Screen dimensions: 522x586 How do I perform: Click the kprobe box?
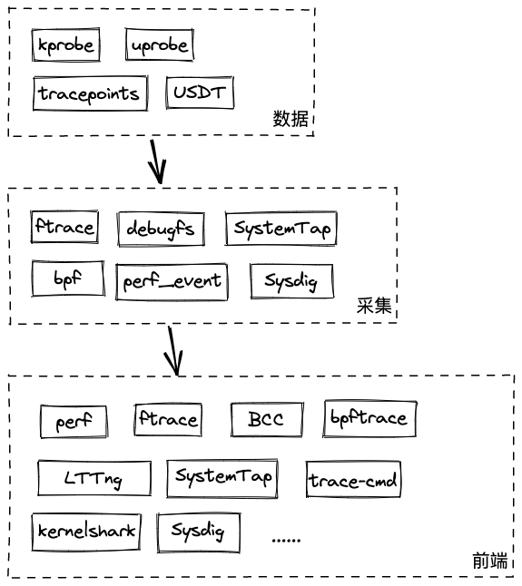pos(65,44)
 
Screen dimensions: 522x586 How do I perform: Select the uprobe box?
pos(160,44)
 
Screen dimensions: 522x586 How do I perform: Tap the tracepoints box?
pos(90,93)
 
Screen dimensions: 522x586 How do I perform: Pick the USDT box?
pos(200,93)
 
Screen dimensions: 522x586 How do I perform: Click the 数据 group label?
pos(291,119)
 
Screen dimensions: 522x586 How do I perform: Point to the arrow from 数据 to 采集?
pos(157,161)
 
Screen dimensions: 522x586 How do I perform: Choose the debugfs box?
pos(161,229)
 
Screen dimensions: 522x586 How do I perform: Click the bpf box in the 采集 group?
pos(68,278)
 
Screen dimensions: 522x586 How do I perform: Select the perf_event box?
pos(172,282)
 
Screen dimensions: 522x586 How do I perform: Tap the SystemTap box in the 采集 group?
pos(281,228)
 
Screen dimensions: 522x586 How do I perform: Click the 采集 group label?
pos(374,306)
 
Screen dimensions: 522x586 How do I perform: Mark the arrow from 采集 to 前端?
pos(173,351)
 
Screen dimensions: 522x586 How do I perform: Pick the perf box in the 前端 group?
pos(74,422)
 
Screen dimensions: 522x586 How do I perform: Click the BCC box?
pos(267,419)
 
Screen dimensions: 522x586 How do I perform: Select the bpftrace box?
pos(369,418)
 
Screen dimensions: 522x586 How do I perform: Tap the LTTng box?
pos(94,478)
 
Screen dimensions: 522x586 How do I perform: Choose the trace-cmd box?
pos(353,480)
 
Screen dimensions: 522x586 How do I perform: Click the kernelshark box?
pos(86,532)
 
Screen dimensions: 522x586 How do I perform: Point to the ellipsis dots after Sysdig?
pos(287,541)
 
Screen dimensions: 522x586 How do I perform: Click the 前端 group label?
pos(490,561)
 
